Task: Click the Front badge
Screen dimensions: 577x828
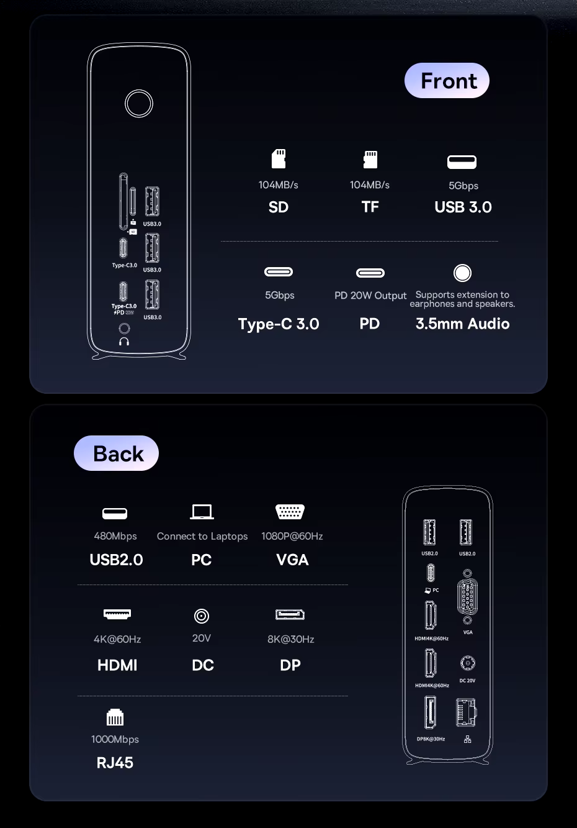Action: (447, 81)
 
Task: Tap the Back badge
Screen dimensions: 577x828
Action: (116, 453)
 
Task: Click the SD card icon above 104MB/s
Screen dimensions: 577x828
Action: (279, 159)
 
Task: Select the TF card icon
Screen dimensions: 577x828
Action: (370, 160)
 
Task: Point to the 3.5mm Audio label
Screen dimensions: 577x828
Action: (463, 324)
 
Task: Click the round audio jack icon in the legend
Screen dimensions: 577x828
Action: (462, 273)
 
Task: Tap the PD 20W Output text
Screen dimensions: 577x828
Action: (370, 296)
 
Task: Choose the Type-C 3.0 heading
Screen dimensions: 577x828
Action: (279, 324)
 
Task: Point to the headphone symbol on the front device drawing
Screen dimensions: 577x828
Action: (124, 341)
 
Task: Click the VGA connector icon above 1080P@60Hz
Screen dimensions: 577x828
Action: (290, 512)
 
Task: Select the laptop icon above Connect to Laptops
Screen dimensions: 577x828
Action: (202, 512)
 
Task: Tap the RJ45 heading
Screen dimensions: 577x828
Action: (115, 763)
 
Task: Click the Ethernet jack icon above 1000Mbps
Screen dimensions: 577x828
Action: (115, 717)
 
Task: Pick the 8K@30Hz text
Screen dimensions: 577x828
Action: (291, 640)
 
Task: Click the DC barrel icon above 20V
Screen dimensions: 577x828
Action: (202, 616)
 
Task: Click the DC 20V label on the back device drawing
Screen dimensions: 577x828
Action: (467, 681)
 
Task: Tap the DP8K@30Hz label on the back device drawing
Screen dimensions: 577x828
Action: (431, 739)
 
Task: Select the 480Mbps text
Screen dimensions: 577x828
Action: (115, 536)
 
